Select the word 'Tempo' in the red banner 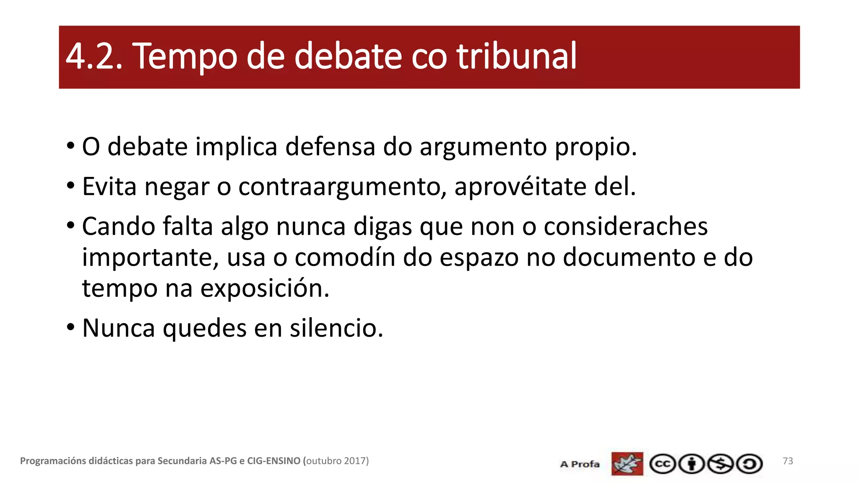point(185,57)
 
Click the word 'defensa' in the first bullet point(330,147)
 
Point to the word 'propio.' point(596,148)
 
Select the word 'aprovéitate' point(521,187)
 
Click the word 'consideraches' point(625,226)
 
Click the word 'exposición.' point(265,288)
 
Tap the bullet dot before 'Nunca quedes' point(70,326)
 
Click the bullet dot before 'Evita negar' point(70,185)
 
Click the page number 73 point(788,461)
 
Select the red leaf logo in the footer point(627,464)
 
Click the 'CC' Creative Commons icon point(662,464)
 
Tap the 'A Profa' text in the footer point(580,464)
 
